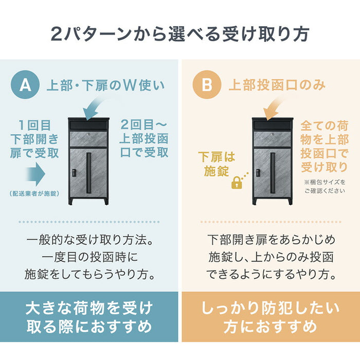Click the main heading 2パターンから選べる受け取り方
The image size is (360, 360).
point(180,33)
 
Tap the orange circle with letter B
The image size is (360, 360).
point(207,85)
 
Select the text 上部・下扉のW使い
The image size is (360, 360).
point(99,85)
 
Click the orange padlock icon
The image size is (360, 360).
point(237,182)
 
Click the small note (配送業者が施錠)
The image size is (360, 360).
point(34,194)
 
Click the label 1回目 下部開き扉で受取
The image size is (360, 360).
point(34,139)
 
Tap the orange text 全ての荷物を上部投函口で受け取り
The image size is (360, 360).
point(325,146)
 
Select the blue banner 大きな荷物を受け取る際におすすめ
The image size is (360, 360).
point(89,317)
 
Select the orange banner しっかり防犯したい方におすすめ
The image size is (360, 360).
point(270,317)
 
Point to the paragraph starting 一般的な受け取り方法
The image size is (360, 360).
point(89,257)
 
